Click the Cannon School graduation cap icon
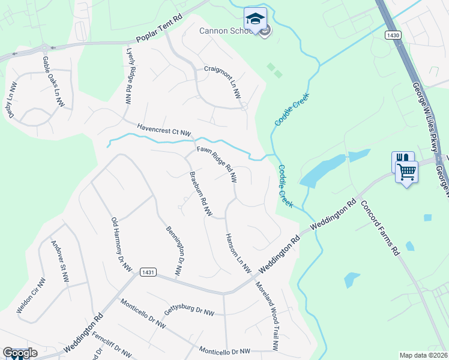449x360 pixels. pyautogui.click(x=255, y=18)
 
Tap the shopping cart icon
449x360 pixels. pyautogui.click(x=406, y=172)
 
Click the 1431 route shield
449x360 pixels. pyautogui.click(x=149, y=272)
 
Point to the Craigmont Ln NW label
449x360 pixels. pyautogui.click(x=221, y=80)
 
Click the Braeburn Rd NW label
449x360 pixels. pyautogui.click(x=200, y=194)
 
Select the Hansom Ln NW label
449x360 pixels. pyautogui.click(x=237, y=253)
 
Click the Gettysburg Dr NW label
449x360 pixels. pyautogui.click(x=189, y=310)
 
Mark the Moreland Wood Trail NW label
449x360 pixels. pyautogui.click(x=267, y=316)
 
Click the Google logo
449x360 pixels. pyautogui.click(x=20, y=353)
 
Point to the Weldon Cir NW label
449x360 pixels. pyautogui.click(x=31, y=295)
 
